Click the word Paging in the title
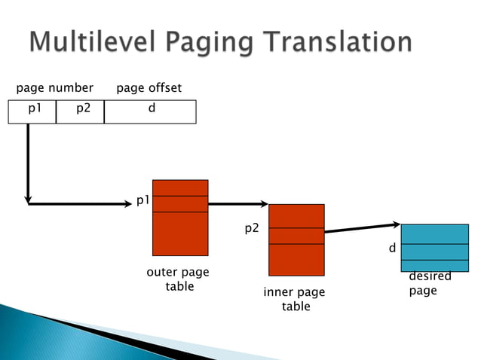[x=219, y=41]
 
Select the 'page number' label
[x=55, y=88]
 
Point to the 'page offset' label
[x=149, y=88]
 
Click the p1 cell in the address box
[x=35, y=108]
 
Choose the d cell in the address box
[x=151, y=108]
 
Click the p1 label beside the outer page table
[x=142, y=200]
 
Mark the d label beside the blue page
[x=392, y=247]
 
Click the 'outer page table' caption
[x=179, y=279]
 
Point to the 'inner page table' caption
[x=295, y=299]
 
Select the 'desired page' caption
[x=428, y=284]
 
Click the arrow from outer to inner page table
[x=237, y=203]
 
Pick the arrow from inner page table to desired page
[x=362, y=228]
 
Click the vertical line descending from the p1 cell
[x=28, y=162]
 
